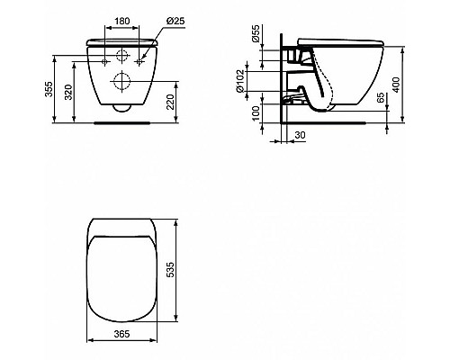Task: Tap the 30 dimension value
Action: (301, 136)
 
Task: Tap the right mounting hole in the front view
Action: (139, 57)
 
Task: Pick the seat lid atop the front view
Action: (122, 42)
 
